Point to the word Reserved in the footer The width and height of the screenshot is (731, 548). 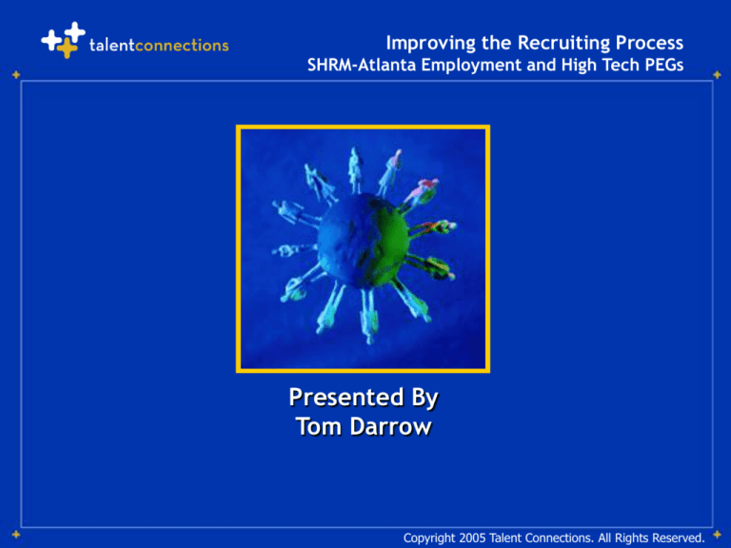pyautogui.click(x=673, y=538)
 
